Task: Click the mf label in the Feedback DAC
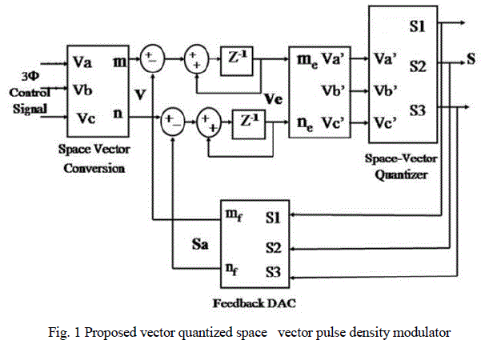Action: click(x=235, y=214)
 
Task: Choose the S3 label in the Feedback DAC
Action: click(x=274, y=272)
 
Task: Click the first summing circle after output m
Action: click(x=150, y=58)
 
